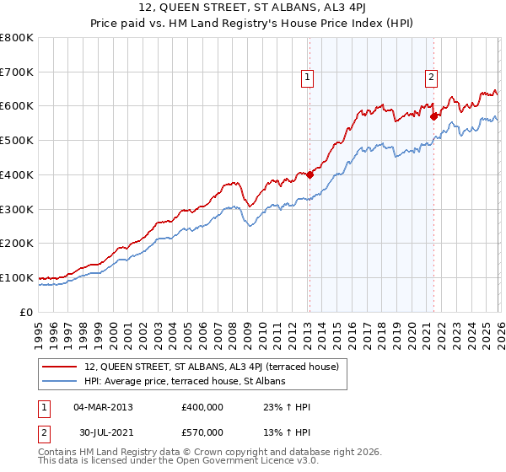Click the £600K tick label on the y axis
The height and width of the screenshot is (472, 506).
17,106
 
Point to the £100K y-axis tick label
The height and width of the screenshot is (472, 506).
17,277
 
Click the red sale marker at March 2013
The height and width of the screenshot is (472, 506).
310,175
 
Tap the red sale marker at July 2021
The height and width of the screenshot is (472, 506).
433,116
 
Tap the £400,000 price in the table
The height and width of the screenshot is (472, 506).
202,407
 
